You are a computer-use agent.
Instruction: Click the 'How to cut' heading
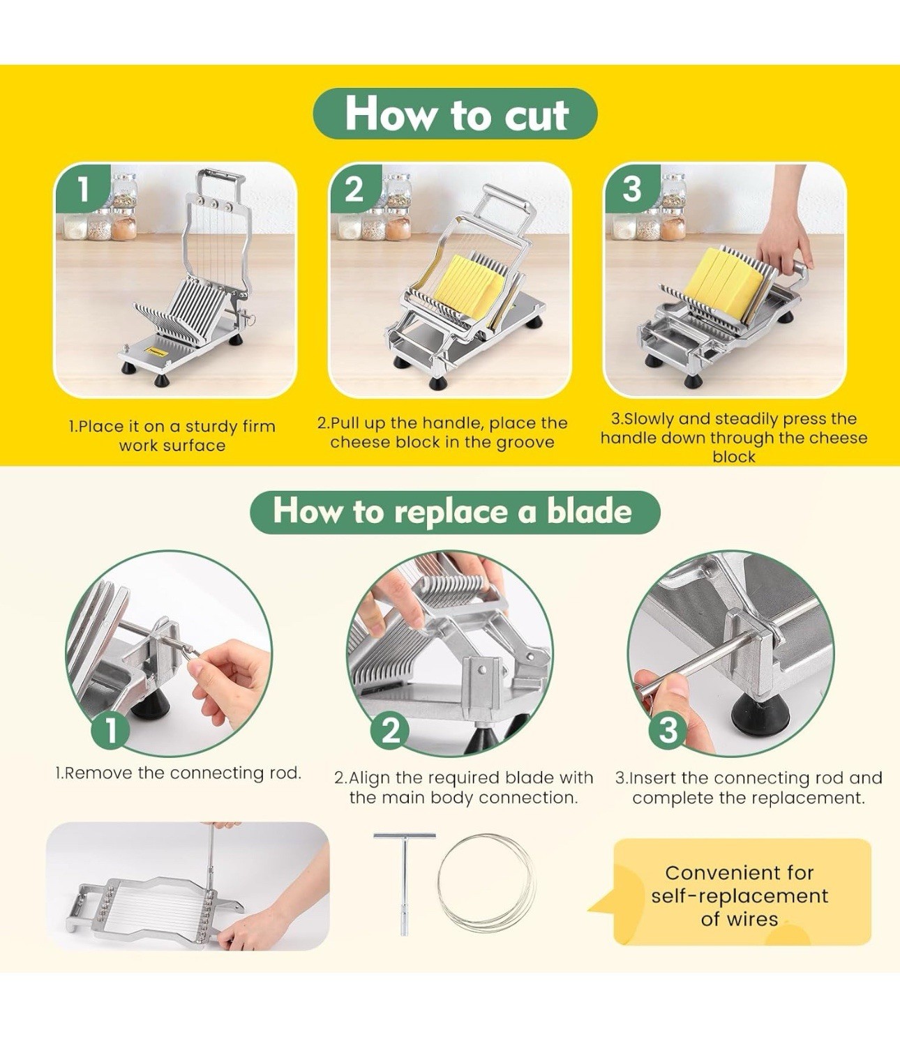pos(456,114)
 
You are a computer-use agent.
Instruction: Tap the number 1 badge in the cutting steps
pos(84,189)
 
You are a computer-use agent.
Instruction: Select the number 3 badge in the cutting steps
pos(631,190)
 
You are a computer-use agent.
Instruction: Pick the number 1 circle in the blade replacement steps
pos(110,731)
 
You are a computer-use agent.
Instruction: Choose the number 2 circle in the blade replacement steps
pos(390,731)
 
